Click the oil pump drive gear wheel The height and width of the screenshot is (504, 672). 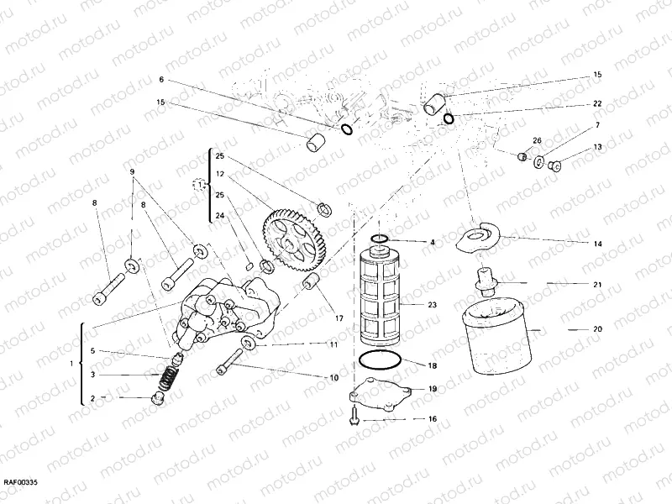tap(293, 238)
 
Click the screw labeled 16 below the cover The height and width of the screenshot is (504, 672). tap(357, 413)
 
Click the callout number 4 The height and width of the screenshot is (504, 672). tap(433, 242)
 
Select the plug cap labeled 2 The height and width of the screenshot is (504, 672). tap(155, 396)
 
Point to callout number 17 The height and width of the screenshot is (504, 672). tap(339, 318)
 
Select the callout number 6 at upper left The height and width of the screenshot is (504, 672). tap(160, 79)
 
